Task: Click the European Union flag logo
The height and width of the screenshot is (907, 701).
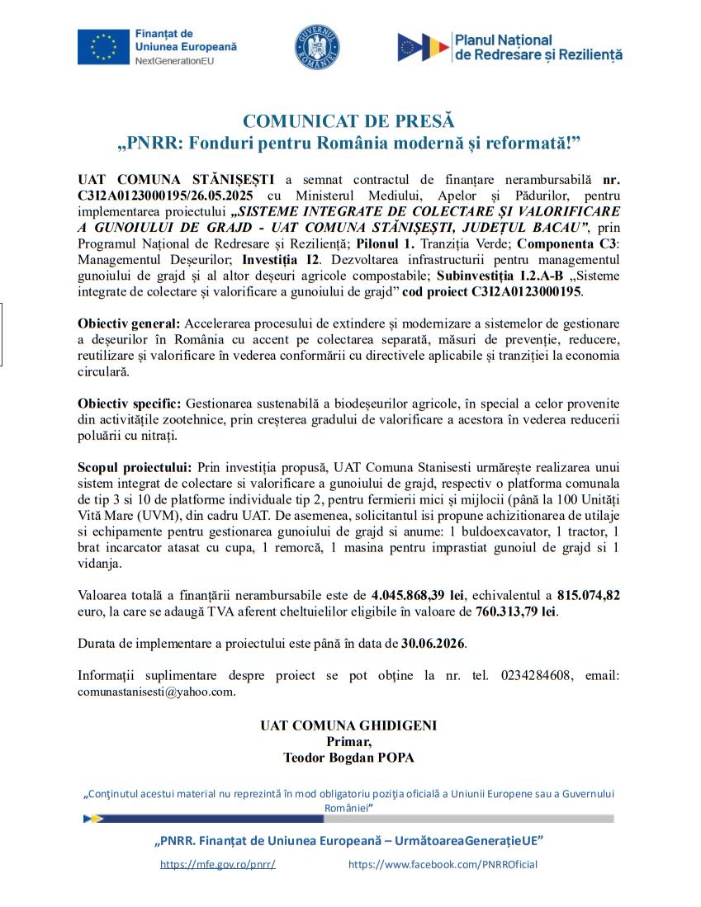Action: (x=103, y=47)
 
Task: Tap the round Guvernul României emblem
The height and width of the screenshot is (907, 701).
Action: (x=317, y=47)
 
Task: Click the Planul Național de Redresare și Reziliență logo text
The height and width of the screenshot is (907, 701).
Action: (x=537, y=47)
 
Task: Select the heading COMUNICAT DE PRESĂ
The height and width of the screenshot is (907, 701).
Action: (x=349, y=123)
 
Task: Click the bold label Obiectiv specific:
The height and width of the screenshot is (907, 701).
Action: (x=129, y=404)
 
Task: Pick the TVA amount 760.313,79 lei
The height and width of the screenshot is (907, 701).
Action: (x=517, y=612)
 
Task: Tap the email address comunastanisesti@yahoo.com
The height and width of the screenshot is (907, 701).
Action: (x=156, y=692)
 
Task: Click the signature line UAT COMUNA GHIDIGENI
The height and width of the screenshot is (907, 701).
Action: (x=348, y=726)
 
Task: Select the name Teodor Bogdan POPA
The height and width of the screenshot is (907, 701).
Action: (x=348, y=758)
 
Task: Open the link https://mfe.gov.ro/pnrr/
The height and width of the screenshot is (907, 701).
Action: (x=217, y=865)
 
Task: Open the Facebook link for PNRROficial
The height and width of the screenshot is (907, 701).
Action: (x=443, y=865)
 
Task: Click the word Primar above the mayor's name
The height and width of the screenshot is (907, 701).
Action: (x=348, y=742)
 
